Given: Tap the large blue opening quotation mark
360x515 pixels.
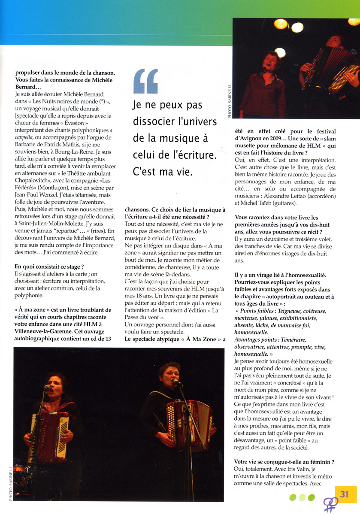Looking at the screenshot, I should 145,82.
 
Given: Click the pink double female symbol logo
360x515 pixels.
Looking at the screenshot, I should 330,504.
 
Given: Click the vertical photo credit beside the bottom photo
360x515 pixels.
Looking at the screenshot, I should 11,483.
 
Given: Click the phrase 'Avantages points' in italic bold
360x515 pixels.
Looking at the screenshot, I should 256,339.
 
